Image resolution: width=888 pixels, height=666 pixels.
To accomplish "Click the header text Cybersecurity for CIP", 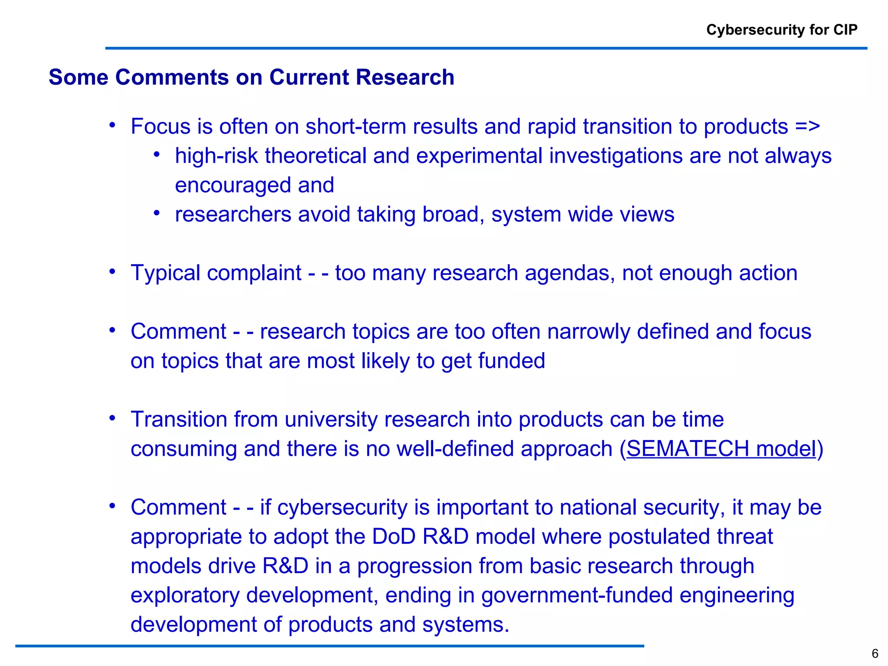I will (x=781, y=29).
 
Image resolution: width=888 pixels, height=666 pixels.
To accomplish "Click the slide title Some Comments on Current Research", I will (x=251, y=77).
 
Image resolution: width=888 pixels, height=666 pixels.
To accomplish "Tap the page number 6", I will (x=875, y=653).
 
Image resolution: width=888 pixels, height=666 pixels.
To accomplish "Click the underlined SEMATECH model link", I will (x=721, y=448).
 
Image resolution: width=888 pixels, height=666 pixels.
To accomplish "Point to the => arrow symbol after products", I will (x=807, y=127).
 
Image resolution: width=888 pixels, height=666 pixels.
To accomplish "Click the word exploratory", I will (x=185, y=595).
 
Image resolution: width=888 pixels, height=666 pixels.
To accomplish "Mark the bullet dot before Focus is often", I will (x=112, y=126).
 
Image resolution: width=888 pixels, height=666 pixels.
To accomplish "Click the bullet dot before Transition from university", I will (x=112, y=418).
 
